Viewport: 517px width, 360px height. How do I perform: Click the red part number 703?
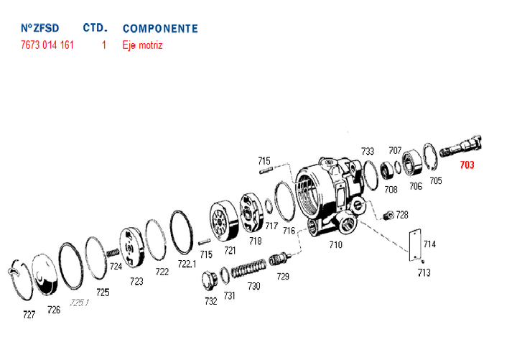(x=467, y=165)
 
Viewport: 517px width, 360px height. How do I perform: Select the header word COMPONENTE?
(x=160, y=29)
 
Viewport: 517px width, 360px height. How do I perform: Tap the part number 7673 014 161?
(x=47, y=45)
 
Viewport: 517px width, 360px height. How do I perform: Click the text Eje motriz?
(x=143, y=45)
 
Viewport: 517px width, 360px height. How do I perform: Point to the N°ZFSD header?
(x=39, y=29)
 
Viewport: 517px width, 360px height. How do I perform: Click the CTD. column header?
(x=95, y=28)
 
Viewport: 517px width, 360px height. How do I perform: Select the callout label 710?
(x=335, y=244)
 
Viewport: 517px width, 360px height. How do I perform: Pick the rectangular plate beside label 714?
(x=414, y=244)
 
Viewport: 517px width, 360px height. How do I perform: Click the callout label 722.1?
(x=187, y=264)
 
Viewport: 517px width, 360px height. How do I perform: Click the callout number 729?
(x=283, y=277)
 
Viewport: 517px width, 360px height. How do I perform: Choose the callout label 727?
(x=29, y=315)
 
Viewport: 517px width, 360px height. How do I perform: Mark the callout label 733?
(x=368, y=152)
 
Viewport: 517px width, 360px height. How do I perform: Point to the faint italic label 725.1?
(x=79, y=303)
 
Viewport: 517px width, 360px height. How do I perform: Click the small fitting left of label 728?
(x=388, y=214)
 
